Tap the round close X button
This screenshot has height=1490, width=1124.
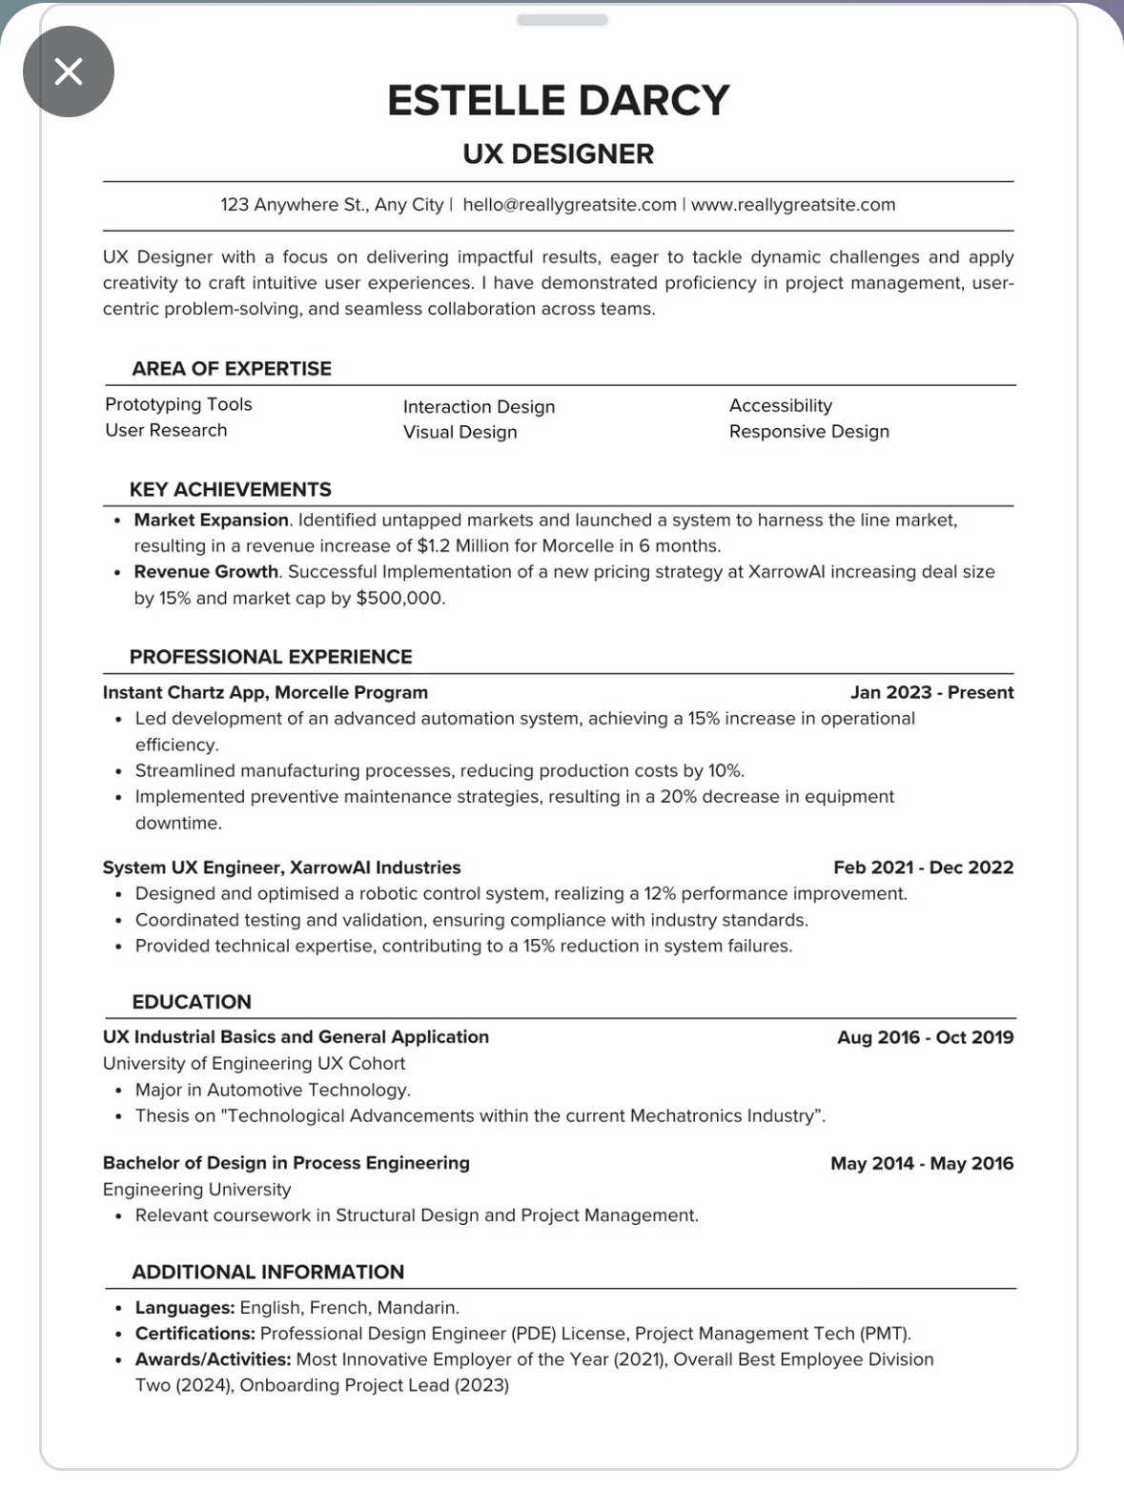click(x=69, y=71)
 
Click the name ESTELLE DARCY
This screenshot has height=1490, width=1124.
click(x=558, y=100)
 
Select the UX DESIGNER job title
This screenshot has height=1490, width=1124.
click(x=558, y=153)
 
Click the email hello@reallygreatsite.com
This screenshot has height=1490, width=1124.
click(x=569, y=205)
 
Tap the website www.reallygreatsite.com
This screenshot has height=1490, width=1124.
click(x=793, y=205)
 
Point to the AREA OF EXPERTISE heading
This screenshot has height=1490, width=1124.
click(x=232, y=369)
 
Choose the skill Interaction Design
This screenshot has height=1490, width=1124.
click(x=479, y=407)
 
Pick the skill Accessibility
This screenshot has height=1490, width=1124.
click(x=780, y=406)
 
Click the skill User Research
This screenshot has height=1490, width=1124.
click(x=166, y=431)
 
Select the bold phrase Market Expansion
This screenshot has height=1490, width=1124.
click(x=211, y=520)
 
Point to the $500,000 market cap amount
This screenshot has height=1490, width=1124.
click(x=400, y=599)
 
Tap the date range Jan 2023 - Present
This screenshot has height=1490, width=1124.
click(x=931, y=693)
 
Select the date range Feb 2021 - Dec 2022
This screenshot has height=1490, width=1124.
click(x=923, y=867)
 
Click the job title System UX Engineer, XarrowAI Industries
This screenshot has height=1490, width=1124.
click(x=281, y=867)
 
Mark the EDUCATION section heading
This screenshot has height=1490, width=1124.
click(x=192, y=1002)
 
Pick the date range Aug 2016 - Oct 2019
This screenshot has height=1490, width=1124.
click(x=925, y=1037)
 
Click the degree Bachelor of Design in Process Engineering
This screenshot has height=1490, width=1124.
click(x=286, y=1163)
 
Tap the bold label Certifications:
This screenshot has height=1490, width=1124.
click(x=195, y=1334)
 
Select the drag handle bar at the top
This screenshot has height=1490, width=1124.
click(x=562, y=20)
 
